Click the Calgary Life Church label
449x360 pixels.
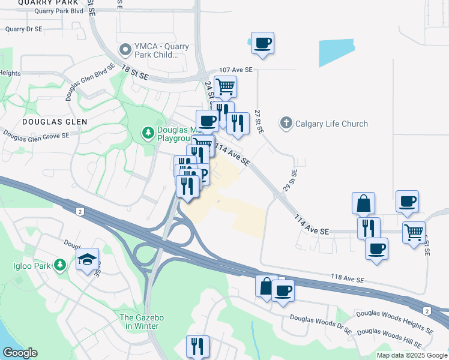(x=331, y=124)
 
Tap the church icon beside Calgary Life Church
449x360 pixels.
(x=286, y=124)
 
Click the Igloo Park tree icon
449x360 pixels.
(x=59, y=264)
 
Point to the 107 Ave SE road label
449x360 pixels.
(x=236, y=70)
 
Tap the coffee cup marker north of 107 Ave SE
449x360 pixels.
(x=262, y=43)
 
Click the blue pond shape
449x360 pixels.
(x=336, y=53)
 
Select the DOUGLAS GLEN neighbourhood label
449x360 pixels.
(x=46, y=121)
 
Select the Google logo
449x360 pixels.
(x=20, y=353)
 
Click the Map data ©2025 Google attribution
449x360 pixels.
(x=411, y=355)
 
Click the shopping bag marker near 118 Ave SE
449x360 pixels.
(x=265, y=286)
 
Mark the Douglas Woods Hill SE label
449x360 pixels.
(x=394, y=336)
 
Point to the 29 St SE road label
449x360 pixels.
(x=294, y=180)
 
